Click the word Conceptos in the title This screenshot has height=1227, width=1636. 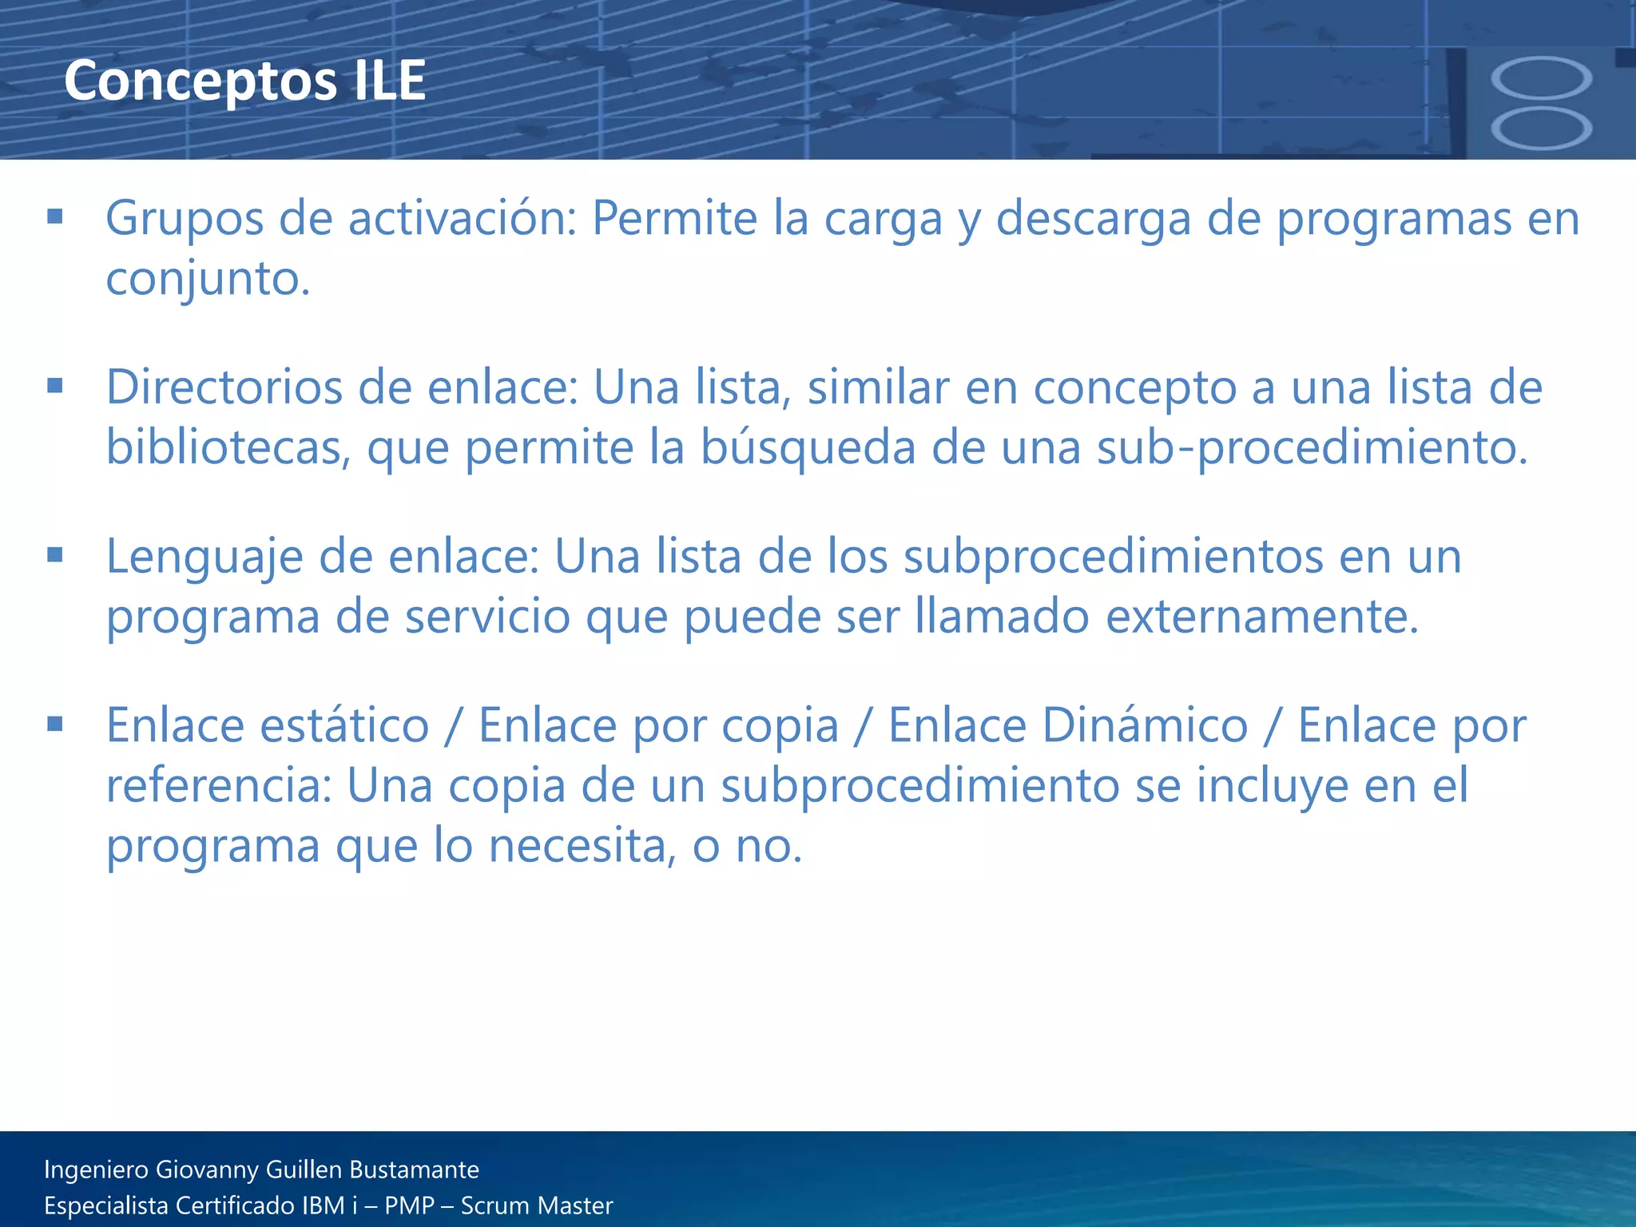[x=200, y=81]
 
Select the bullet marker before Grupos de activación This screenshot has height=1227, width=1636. [x=54, y=216]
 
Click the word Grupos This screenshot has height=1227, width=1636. [x=184, y=219]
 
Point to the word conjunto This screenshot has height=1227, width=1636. [x=206, y=279]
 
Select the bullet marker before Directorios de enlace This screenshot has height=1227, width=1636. [x=54, y=386]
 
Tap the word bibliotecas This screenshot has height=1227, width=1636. [x=228, y=447]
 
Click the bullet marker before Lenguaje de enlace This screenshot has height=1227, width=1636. [x=54, y=555]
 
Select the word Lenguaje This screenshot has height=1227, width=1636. [x=204, y=557]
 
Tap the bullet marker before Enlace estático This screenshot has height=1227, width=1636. [x=54, y=725]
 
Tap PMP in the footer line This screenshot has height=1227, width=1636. [x=409, y=1205]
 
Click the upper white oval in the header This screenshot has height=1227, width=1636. [x=1541, y=80]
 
